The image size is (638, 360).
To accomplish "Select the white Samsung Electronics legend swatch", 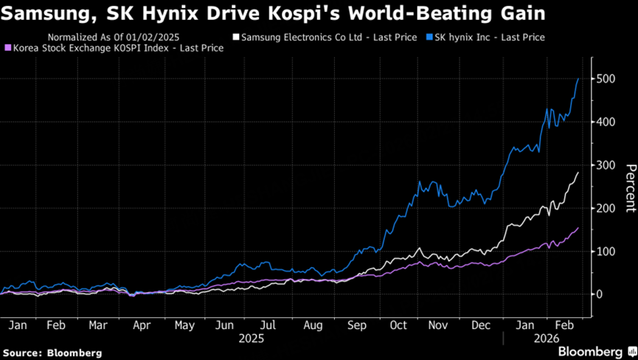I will pos(236,37).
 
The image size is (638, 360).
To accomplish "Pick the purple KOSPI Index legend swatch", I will pos(8,48).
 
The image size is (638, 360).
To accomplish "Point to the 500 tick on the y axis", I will pos(607,79).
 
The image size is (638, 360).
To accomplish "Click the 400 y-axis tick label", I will pos(607,122).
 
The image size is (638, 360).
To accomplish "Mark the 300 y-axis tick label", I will pos(607,165).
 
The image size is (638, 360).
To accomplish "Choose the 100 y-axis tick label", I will pos(607,252).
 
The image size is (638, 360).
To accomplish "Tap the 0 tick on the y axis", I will pos(601,294).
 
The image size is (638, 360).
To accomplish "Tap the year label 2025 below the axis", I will pos(252,338).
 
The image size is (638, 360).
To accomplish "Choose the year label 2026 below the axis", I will pos(546,338).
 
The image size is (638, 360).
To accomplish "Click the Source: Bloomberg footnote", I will pos(52,353).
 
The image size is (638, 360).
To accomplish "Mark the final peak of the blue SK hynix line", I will pos(578,78).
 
